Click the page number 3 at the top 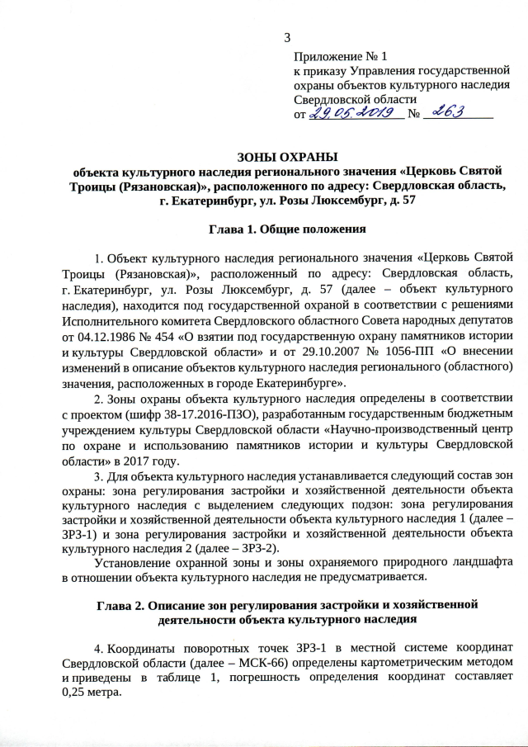coord(287,36)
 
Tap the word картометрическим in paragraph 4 coord(417,663)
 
